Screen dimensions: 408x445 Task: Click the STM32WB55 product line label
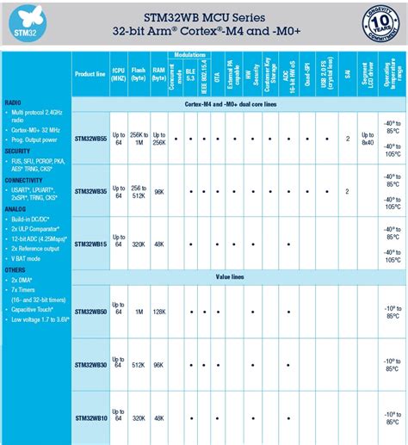pyautogui.click(x=90, y=139)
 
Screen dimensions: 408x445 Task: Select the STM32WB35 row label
pyautogui.click(x=90, y=191)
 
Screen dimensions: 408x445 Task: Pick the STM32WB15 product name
pyautogui.click(x=90, y=244)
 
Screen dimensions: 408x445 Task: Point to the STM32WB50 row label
pyautogui.click(x=90, y=311)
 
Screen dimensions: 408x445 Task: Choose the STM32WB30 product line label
pyautogui.click(x=90, y=365)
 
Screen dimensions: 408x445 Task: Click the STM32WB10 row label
pyautogui.click(x=90, y=418)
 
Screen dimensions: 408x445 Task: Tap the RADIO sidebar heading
pyautogui.click(x=13, y=102)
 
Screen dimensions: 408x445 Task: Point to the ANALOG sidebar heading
pyautogui.click(x=15, y=208)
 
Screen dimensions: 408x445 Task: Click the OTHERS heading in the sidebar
pyautogui.click(x=15, y=269)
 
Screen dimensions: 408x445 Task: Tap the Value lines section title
pyautogui.click(x=237, y=277)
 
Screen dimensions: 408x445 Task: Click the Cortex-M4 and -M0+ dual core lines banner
pyautogui.click(x=237, y=104)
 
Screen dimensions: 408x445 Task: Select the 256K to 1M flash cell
pyautogui.click(x=139, y=139)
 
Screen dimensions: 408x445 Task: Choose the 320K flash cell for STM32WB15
pyautogui.click(x=139, y=244)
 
